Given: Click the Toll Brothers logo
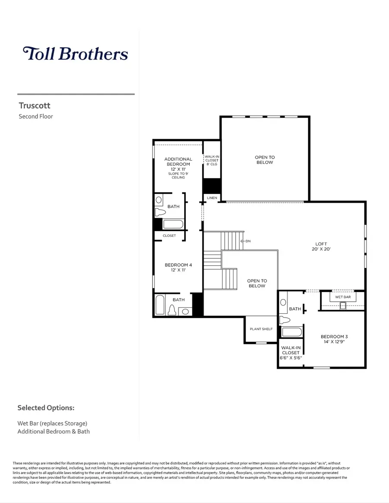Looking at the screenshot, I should point(75,54).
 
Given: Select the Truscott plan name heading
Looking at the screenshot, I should point(35,105).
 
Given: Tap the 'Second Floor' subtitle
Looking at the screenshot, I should point(36,116).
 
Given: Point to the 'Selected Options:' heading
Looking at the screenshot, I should point(46,407).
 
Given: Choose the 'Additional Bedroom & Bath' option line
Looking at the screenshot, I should point(54,431).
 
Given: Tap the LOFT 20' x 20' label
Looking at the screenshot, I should point(321,246).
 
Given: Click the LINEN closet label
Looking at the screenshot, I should point(212,198).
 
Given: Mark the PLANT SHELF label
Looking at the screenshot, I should point(261,329).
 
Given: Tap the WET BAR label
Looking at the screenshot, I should point(343,298).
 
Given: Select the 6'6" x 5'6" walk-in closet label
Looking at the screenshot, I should point(290,353).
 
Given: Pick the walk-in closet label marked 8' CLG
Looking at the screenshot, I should point(212,160).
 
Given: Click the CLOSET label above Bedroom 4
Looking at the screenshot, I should point(169,236).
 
